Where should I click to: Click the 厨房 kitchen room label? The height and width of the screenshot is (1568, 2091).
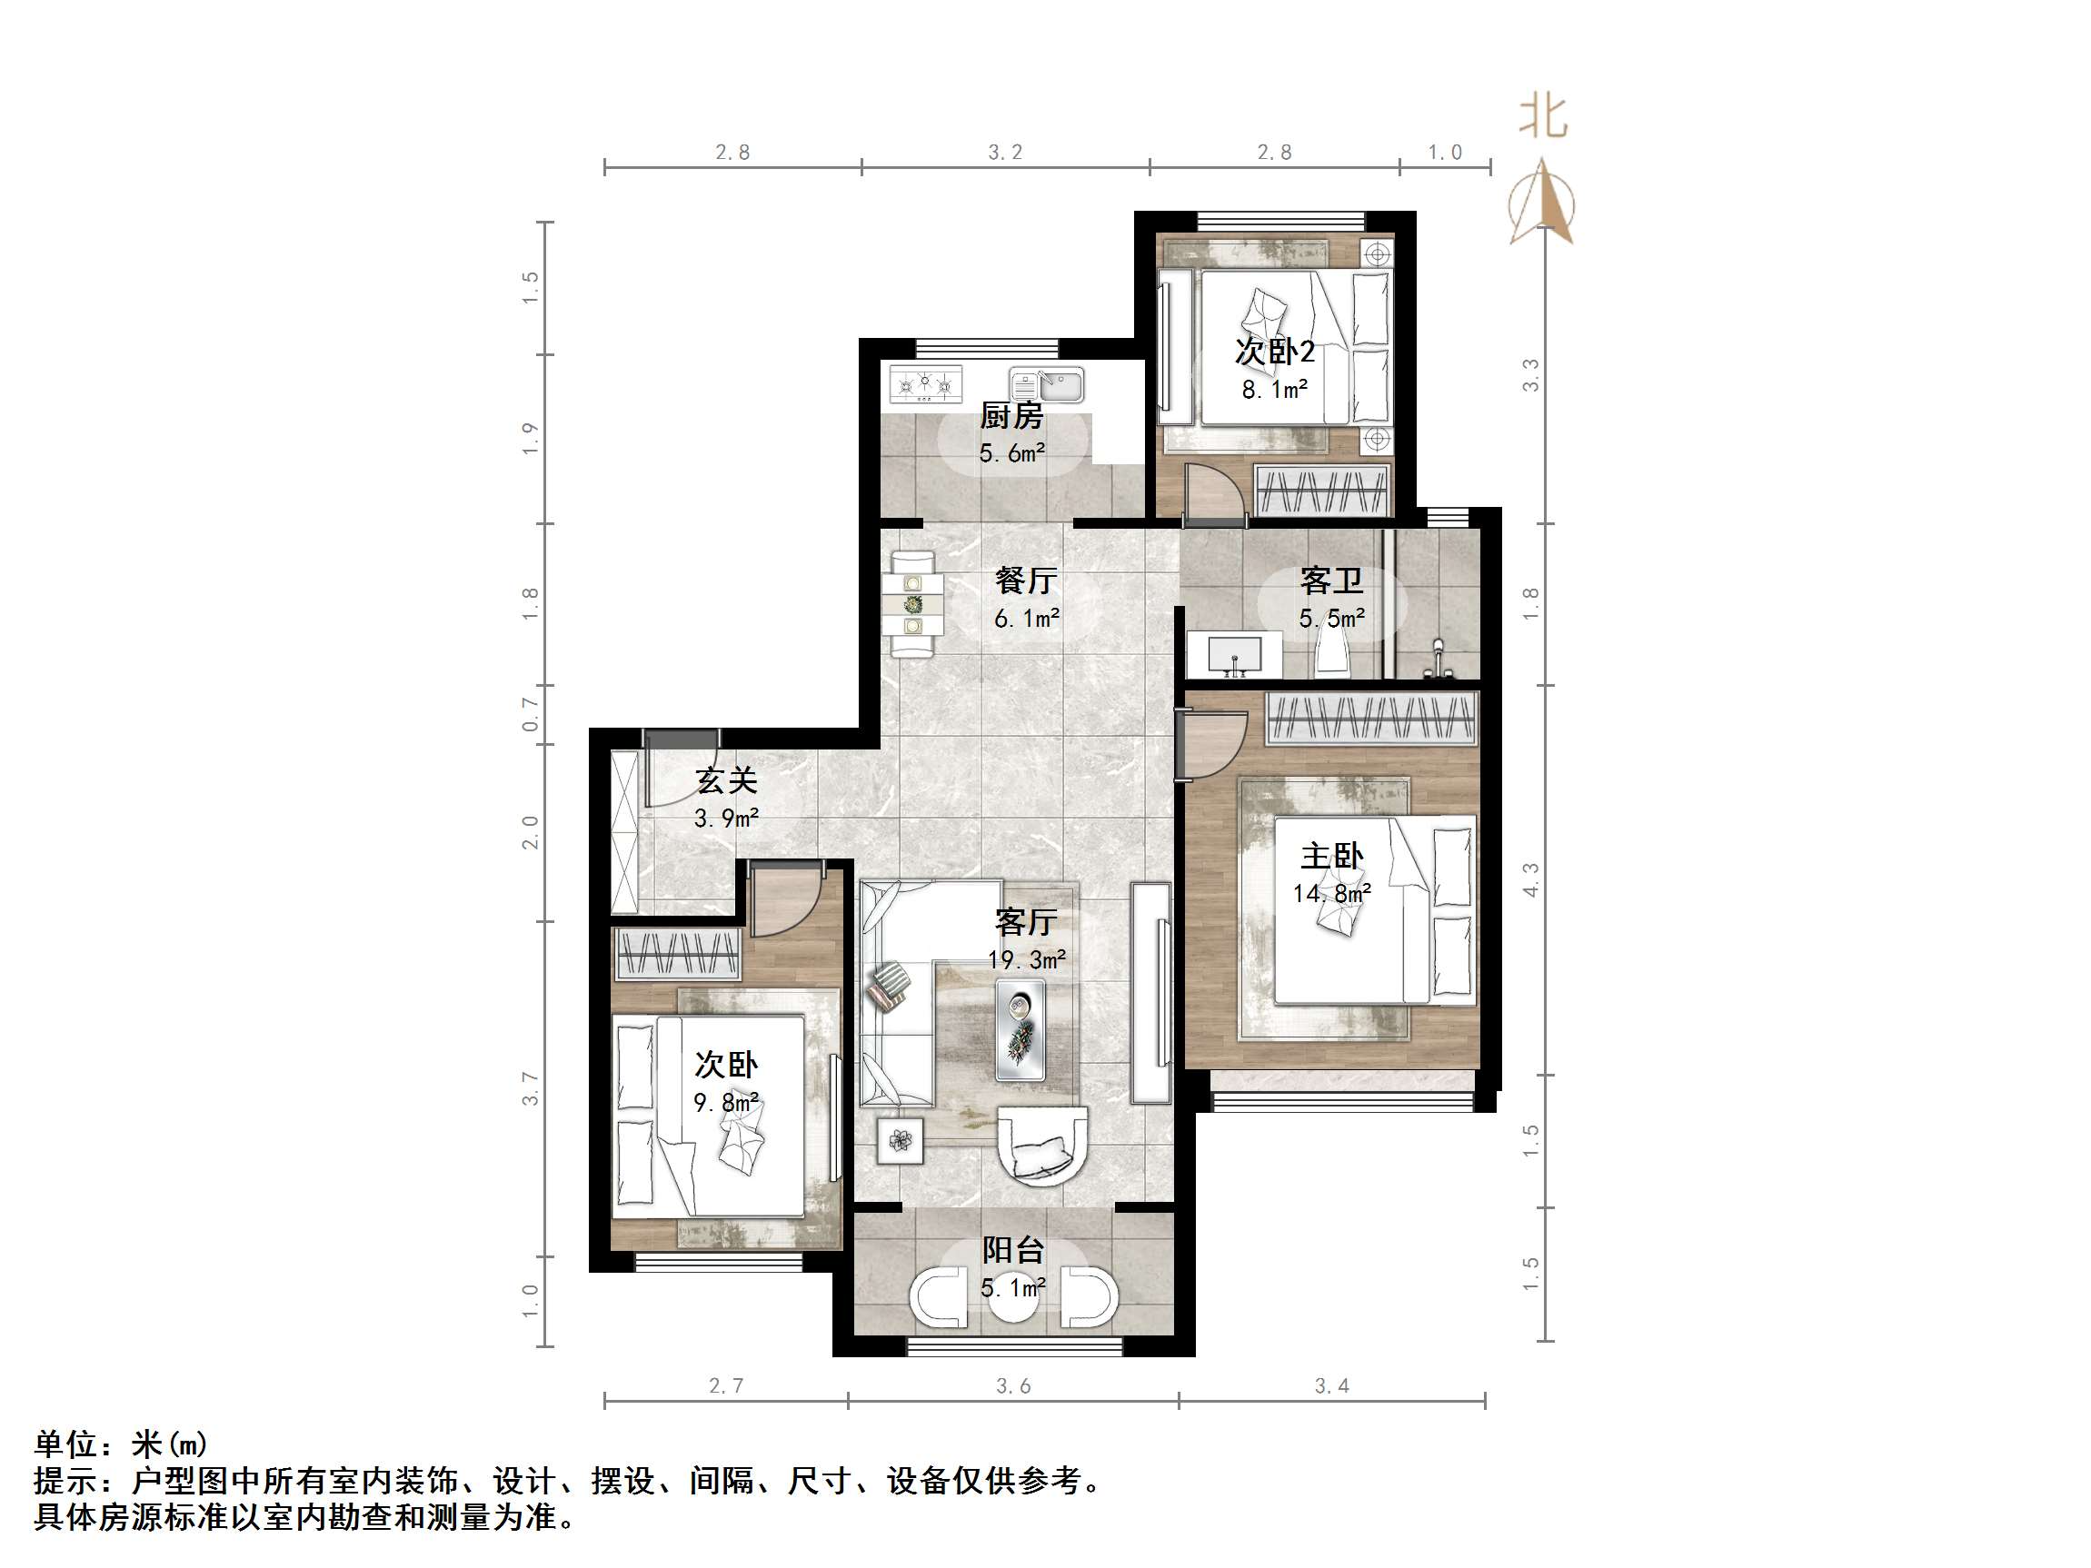[x=1011, y=415]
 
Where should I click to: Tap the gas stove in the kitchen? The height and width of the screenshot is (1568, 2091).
[x=925, y=384]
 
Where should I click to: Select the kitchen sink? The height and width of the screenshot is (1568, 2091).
[x=1048, y=385]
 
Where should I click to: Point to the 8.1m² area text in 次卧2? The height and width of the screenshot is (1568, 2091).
[x=1274, y=390]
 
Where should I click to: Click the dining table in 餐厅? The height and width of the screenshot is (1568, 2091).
[x=913, y=604]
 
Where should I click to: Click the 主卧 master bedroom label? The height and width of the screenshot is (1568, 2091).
[x=1331, y=857]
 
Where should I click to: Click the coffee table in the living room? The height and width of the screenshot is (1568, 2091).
[x=1020, y=1029]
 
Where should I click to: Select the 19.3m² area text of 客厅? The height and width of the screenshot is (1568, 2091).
[x=1027, y=960]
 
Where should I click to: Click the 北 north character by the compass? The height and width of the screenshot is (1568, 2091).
[x=1543, y=118]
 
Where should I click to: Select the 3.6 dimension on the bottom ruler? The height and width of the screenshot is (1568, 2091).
[x=1012, y=1385]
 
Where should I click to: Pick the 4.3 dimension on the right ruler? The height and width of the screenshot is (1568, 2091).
[x=1530, y=879]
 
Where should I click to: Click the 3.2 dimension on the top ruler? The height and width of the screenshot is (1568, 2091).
[x=1005, y=153]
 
